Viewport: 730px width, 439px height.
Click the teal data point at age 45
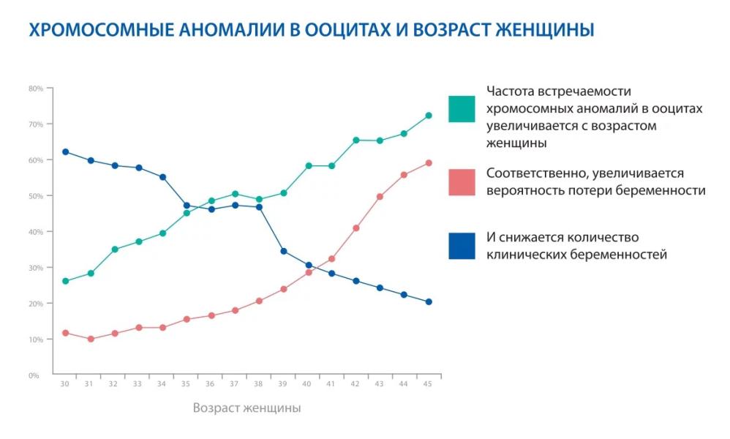(x=429, y=116)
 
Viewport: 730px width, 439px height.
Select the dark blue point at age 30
(x=66, y=151)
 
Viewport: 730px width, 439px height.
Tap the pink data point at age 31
(x=90, y=339)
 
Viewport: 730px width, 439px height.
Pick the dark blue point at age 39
(x=284, y=251)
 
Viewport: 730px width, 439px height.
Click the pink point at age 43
(x=380, y=197)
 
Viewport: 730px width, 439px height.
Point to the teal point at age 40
(x=308, y=166)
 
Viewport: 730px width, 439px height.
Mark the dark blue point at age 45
(x=429, y=301)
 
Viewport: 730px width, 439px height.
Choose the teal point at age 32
(x=114, y=249)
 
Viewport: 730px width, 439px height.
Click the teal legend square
(x=462, y=109)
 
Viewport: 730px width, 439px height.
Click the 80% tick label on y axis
(x=36, y=89)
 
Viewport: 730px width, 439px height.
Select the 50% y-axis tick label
(x=36, y=196)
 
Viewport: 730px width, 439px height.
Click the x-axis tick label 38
(x=259, y=385)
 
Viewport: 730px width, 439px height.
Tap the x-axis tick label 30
(x=66, y=385)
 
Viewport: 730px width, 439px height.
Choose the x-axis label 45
(x=428, y=385)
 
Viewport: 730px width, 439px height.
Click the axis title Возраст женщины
(x=247, y=408)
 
